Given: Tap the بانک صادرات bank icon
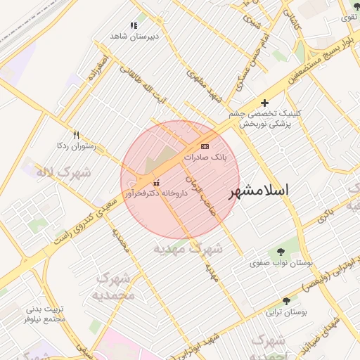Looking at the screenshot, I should pyautogui.click(x=205, y=146).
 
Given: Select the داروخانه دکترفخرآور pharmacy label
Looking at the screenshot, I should pyautogui.click(x=156, y=193).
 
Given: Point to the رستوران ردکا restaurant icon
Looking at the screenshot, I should pyautogui.click(x=76, y=135).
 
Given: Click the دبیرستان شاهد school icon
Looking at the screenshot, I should pyautogui.click(x=134, y=25).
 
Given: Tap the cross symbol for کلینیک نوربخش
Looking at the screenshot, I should pyautogui.click(x=264, y=103).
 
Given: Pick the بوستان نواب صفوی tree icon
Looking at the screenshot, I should pyautogui.click(x=281, y=252).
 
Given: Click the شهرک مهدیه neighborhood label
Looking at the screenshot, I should pyautogui.click(x=188, y=248).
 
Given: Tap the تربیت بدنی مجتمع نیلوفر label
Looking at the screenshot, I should pyautogui.click(x=45, y=314).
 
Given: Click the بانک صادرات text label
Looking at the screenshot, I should pyautogui.click(x=205, y=158).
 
